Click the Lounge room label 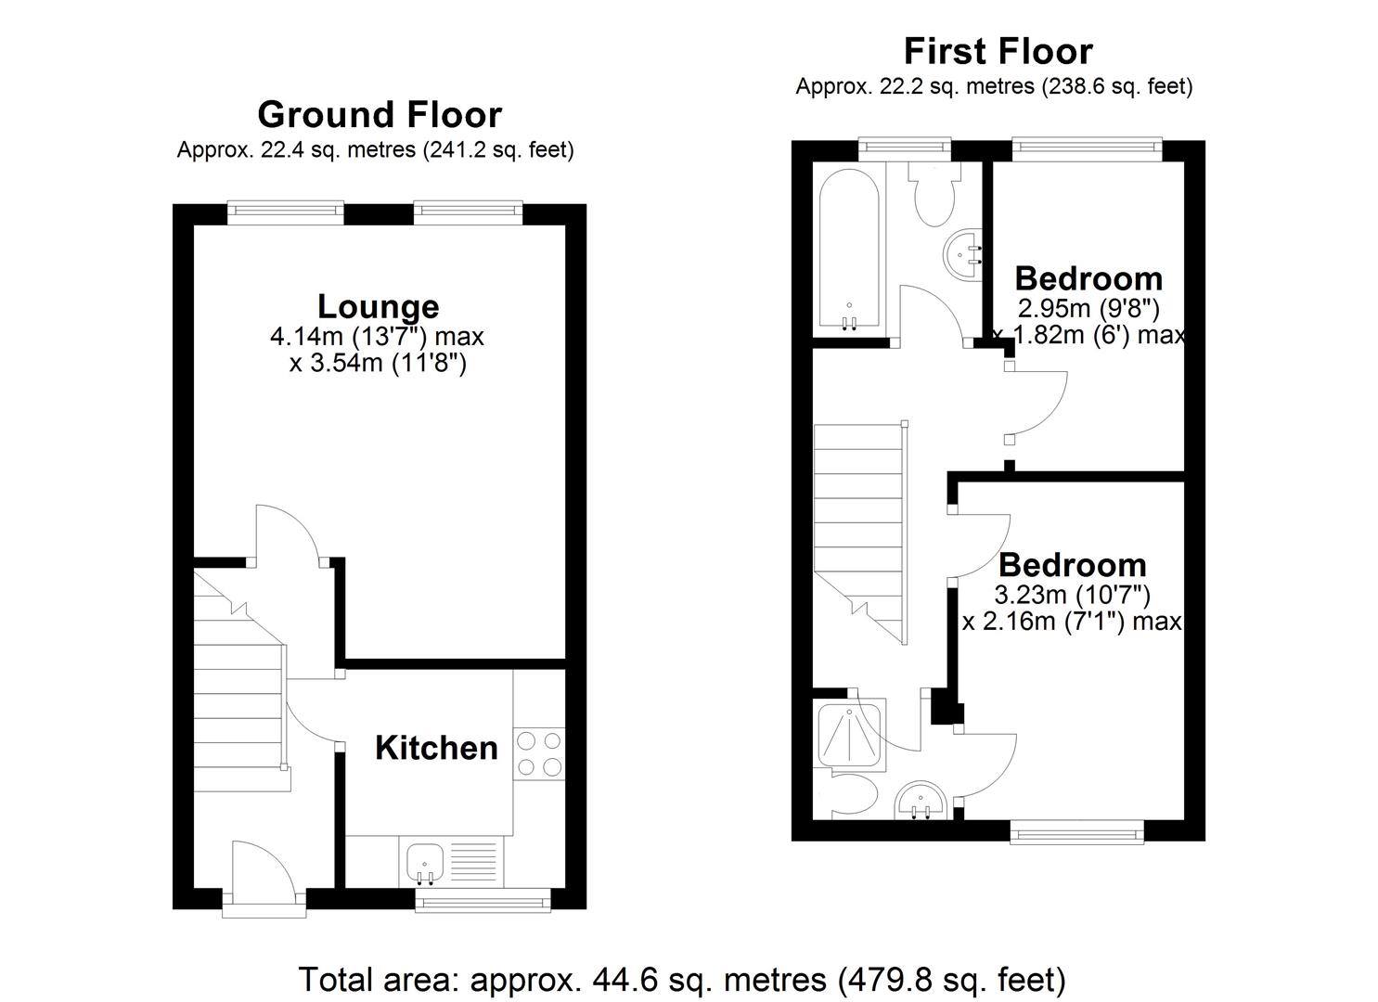(379, 307)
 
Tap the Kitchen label (436, 748)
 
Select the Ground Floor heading (380, 115)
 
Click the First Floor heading (998, 51)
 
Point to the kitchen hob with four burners (539, 753)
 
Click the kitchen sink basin (426, 861)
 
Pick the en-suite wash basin (921, 802)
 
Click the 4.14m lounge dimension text (377, 337)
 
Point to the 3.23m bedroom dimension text (1073, 595)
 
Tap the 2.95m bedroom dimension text (1088, 308)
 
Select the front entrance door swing (264, 866)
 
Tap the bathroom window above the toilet (905, 147)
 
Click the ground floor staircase (240, 680)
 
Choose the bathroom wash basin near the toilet (962, 253)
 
